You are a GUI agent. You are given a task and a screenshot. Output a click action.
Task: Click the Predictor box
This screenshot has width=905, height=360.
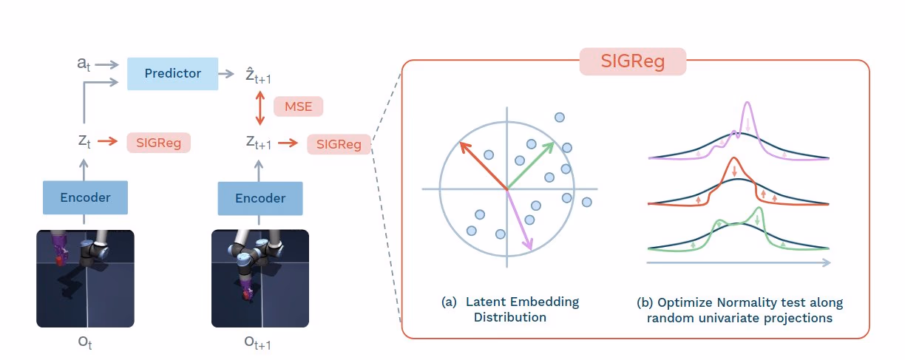(172, 73)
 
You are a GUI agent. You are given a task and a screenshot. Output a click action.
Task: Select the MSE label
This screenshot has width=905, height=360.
(298, 106)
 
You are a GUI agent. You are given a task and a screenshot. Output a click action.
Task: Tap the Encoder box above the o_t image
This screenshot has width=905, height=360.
(85, 197)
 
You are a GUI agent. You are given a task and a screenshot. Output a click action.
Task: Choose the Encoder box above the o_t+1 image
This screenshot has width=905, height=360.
(260, 198)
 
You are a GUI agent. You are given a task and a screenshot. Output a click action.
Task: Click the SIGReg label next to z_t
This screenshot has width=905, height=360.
(158, 142)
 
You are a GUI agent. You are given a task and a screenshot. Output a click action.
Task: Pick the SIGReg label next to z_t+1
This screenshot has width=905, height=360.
(339, 144)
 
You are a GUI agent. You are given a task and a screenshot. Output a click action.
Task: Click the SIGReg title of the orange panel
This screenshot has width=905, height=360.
(633, 61)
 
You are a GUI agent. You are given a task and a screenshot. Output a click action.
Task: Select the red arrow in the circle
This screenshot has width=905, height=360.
(483, 166)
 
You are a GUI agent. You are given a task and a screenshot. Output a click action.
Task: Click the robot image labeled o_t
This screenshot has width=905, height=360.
(85, 278)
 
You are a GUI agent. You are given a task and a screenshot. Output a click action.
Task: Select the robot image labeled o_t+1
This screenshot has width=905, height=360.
(260, 278)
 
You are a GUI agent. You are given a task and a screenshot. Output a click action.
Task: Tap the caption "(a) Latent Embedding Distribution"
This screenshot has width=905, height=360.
(510, 310)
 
